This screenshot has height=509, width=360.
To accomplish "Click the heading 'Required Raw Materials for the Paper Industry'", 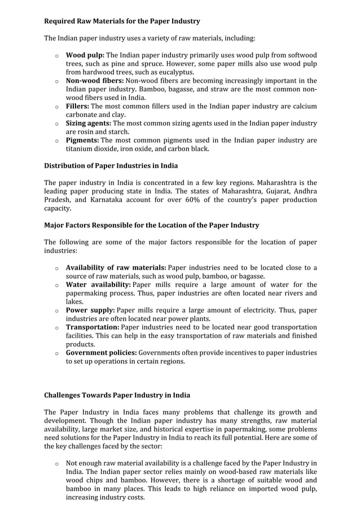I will point(122,21).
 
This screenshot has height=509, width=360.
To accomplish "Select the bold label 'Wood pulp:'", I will point(85,55).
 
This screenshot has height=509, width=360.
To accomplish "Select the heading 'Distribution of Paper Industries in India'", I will point(111,166).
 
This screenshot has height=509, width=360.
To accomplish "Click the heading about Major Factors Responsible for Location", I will point(151,225).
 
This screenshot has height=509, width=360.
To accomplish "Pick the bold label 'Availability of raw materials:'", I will point(116,267).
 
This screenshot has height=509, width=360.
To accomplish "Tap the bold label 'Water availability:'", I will point(98,284).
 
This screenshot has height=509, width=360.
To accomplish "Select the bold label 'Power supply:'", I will point(90,310).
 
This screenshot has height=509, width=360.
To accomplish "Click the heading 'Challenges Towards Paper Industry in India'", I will point(117,395).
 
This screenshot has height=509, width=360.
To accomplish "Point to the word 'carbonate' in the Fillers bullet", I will point(82,115).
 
